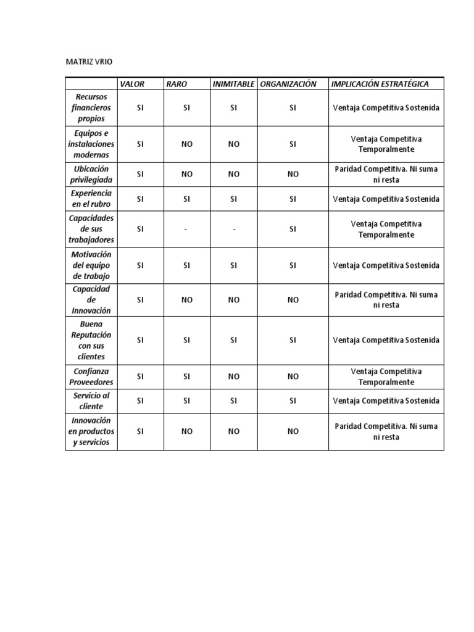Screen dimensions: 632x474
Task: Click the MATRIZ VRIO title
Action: [x=89, y=62]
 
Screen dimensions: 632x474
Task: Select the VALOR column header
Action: [x=132, y=84]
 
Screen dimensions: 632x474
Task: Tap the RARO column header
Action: [x=177, y=84]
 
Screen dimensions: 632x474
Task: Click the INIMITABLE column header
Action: [x=233, y=84]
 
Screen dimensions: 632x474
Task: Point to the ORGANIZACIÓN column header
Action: [x=288, y=84]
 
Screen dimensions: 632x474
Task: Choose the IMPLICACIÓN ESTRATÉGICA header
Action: [x=380, y=84]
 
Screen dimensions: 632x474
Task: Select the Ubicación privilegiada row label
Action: [x=91, y=174]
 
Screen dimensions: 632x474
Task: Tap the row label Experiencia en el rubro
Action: [x=91, y=199]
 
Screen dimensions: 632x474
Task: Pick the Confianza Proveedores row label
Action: [x=91, y=376]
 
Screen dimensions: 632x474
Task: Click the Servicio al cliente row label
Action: [x=91, y=401]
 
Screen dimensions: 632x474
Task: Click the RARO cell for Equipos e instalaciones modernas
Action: [x=187, y=144]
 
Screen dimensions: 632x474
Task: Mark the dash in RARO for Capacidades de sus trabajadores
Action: [x=187, y=229]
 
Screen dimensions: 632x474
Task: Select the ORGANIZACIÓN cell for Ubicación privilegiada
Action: [x=293, y=174]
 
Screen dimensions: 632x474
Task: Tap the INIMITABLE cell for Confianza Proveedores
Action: [x=234, y=376]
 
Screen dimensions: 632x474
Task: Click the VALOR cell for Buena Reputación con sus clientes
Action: [x=140, y=340]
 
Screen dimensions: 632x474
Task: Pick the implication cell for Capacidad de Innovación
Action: [x=386, y=300]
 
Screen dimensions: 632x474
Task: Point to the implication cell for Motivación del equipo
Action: [x=386, y=265]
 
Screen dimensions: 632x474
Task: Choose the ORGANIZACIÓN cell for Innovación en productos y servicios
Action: [x=293, y=431]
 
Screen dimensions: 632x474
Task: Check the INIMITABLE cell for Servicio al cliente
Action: [x=234, y=401]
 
